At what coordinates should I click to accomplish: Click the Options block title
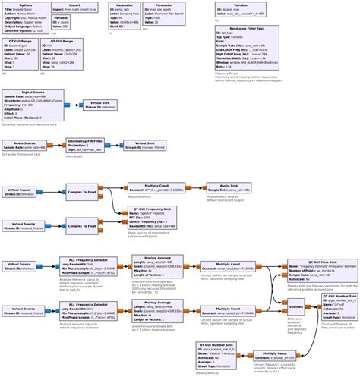click(25, 5)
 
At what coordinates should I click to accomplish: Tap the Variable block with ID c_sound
click(61, 23)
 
